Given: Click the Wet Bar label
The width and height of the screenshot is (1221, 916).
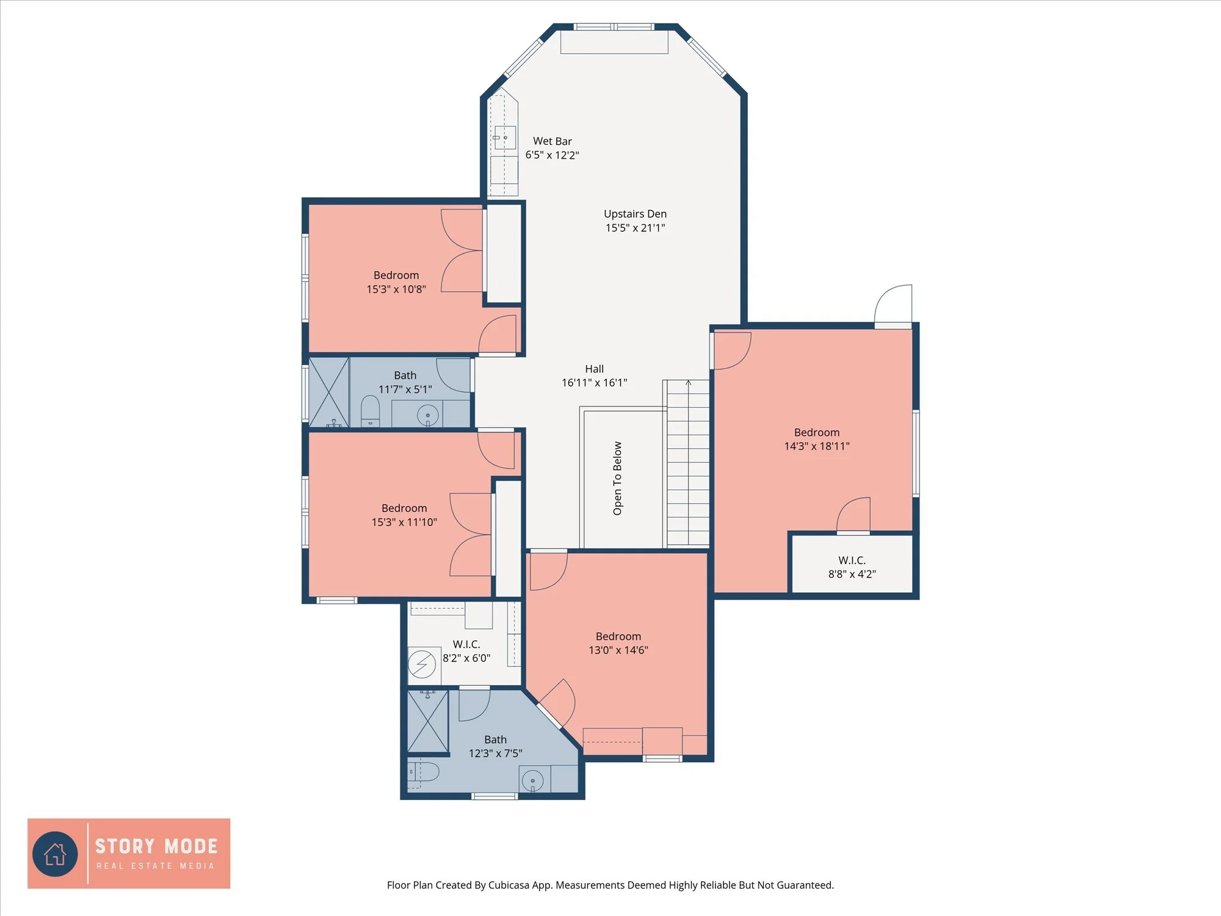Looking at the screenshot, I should [x=552, y=141].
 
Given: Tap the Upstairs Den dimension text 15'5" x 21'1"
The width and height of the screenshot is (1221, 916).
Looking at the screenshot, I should [x=635, y=228].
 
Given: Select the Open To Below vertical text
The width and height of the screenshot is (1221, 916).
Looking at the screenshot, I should [x=617, y=478].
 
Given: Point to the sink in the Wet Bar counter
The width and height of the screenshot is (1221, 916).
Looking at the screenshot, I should [x=504, y=138].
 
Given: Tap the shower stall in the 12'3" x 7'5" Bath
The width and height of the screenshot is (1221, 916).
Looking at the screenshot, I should [x=427, y=721].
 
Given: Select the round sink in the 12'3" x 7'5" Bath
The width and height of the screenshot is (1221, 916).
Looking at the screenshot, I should [x=532, y=780].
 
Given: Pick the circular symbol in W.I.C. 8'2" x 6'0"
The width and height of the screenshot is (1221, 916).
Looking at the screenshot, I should [x=422, y=664].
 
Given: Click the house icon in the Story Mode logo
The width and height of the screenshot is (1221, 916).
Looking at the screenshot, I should [x=56, y=854].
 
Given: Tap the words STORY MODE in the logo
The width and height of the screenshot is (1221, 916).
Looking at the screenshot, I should [x=156, y=846].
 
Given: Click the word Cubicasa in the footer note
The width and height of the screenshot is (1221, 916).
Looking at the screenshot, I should [x=509, y=885].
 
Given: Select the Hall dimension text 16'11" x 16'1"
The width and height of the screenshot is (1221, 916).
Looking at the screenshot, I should [x=594, y=383].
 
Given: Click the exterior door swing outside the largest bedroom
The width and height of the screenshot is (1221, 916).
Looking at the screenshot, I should [x=894, y=304].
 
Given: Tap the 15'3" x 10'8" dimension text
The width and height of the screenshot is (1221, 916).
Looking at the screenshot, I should [x=396, y=289].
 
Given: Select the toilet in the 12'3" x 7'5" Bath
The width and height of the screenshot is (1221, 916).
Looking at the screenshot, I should [x=423, y=772].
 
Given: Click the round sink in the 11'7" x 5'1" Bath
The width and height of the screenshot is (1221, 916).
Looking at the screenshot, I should [x=427, y=415].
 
